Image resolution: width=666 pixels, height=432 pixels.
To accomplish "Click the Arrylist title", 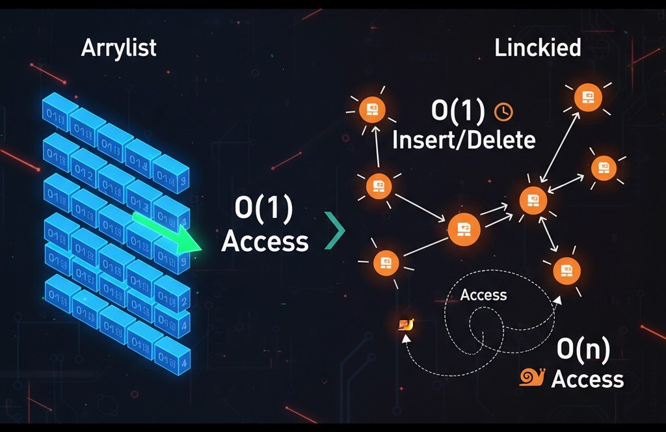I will coord(118,48).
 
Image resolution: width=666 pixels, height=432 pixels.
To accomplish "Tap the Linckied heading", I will coord(537,48).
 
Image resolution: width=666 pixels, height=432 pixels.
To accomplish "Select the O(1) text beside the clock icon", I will coord(458,112).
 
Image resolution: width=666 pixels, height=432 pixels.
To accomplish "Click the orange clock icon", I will coord(504,112).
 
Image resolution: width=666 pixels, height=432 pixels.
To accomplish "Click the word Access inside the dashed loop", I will coord(483,295).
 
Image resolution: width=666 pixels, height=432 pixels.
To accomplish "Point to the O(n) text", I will coord(583,351).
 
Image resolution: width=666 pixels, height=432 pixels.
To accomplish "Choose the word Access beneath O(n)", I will coord(587,379).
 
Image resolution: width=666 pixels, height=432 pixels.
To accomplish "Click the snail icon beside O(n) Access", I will coord(532,377).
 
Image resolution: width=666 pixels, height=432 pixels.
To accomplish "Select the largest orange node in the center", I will coord(464,228).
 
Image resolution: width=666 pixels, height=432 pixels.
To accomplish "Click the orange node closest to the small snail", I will coord(385,263).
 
